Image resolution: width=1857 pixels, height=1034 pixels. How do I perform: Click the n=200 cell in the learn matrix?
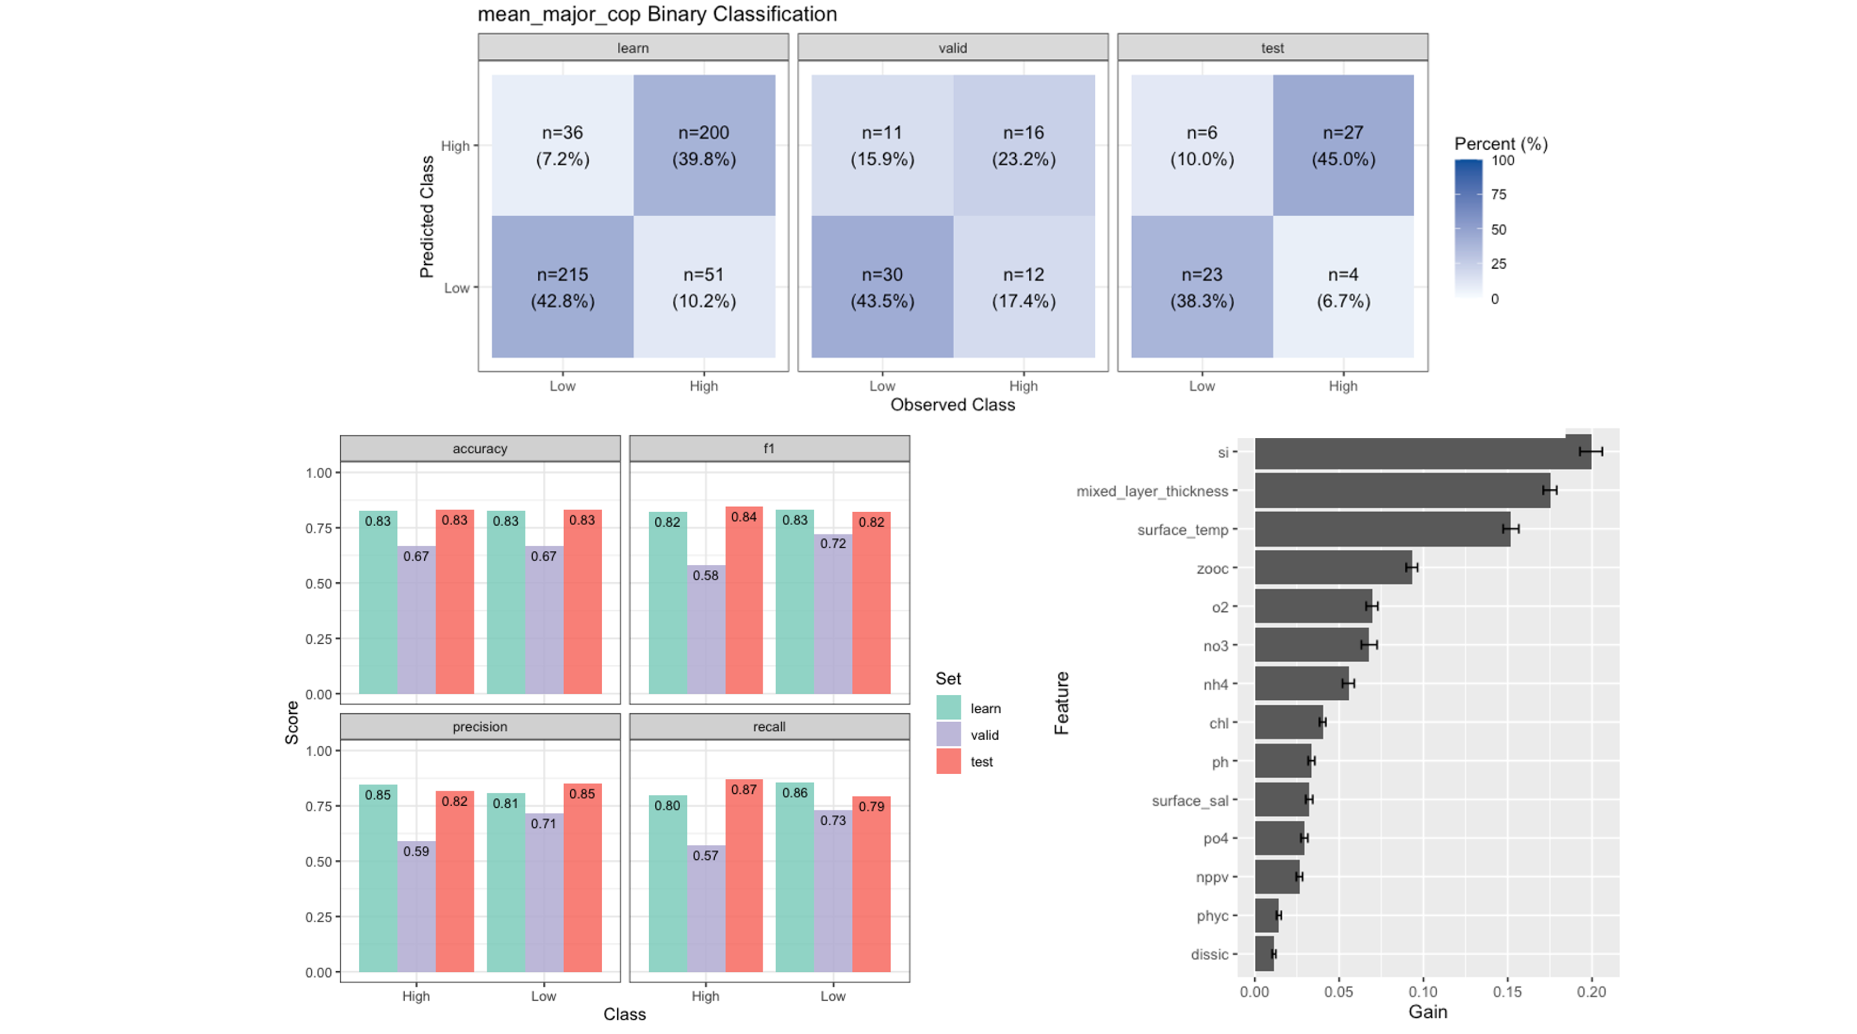pyautogui.click(x=704, y=145)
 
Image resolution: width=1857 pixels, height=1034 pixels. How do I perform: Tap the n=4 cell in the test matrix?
pyautogui.click(x=1343, y=287)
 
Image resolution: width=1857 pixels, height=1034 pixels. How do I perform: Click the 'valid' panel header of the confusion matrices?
pyautogui.click(x=953, y=48)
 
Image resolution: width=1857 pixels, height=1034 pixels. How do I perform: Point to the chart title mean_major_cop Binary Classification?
pyautogui.click(x=656, y=15)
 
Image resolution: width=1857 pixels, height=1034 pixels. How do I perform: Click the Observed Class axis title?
pyautogui.click(x=953, y=405)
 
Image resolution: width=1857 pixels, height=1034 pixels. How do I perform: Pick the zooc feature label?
pyautogui.click(x=1212, y=569)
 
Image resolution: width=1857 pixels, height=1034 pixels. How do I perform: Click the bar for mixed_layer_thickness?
pyautogui.click(x=1401, y=491)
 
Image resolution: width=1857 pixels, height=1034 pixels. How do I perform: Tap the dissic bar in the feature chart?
pyautogui.click(x=1264, y=954)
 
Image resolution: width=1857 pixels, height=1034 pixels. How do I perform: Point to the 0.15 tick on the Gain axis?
pyautogui.click(x=1507, y=992)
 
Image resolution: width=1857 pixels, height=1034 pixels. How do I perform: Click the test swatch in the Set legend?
pyautogui.click(x=949, y=761)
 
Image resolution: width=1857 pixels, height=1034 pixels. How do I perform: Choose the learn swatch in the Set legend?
pyautogui.click(x=949, y=708)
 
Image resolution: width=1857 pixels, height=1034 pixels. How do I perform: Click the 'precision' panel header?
pyautogui.click(x=480, y=727)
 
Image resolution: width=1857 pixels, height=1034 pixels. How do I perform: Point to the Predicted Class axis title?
pyautogui.click(x=427, y=216)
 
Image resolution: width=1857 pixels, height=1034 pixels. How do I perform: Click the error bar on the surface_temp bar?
pyautogui.click(x=1511, y=529)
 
